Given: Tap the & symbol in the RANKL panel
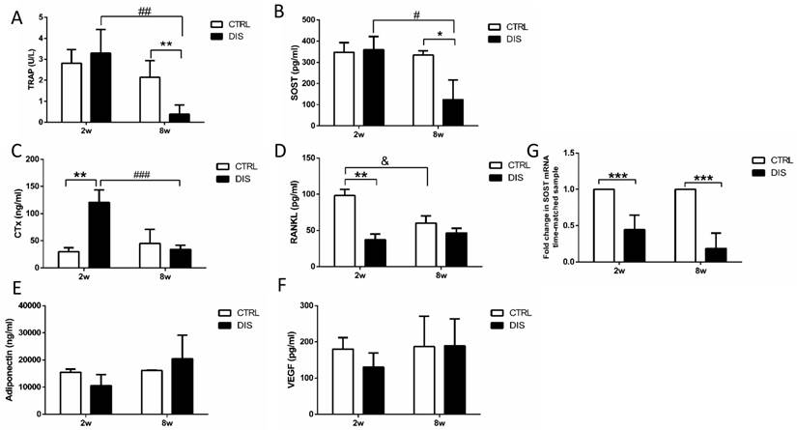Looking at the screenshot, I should tap(385, 164).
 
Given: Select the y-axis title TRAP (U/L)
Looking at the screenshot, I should tap(14, 71).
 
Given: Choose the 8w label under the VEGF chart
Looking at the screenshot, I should tap(440, 423).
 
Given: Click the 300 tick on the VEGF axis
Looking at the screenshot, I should tap(307, 305).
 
